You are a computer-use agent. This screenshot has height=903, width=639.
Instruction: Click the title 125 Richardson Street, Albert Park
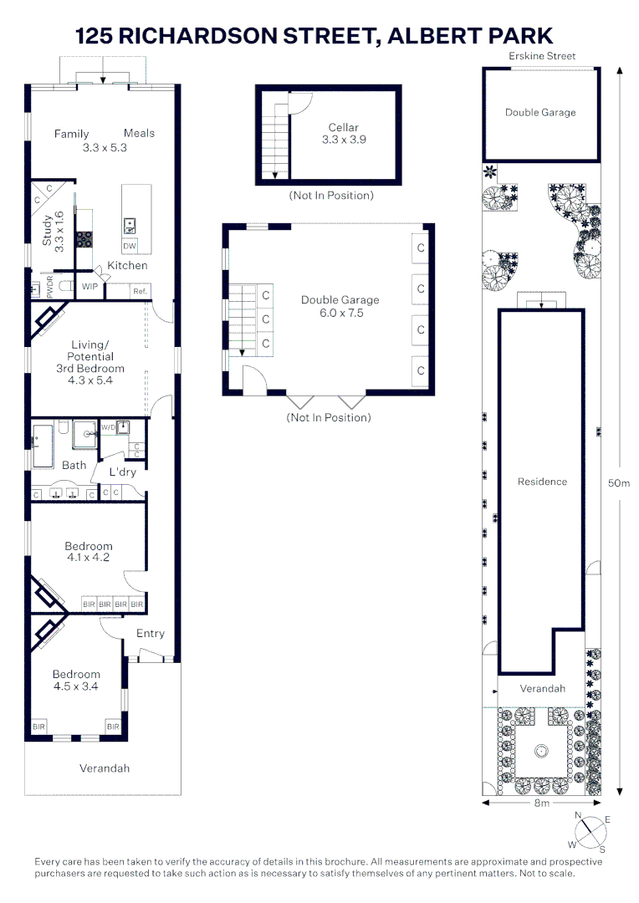pyautogui.click(x=314, y=36)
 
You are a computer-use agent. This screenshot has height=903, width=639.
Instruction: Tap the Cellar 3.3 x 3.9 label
pyautogui.click(x=344, y=134)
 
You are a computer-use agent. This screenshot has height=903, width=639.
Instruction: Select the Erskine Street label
pyautogui.click(x=541, y=56)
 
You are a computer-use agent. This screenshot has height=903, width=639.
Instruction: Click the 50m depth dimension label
pyautogui.click(x=618, y=482)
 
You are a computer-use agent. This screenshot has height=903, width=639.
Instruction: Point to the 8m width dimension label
pyautogui.click(x=542, y=804)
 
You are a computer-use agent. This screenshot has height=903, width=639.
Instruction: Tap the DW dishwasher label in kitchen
pyautogui.click(x=129, y=246)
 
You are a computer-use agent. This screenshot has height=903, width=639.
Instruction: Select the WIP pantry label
pyautogui.click(x=89, y=287)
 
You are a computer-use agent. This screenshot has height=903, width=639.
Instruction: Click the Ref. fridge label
pyautogui.click(x=141, y=290)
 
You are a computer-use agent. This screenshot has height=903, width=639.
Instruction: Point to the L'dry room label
pyautogui.click(x=122, y=472)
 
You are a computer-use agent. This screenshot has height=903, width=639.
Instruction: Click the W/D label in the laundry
pyautogui.click(x=108, y=428)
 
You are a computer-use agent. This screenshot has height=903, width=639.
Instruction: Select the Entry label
pyautogui.click(x=151, y=633)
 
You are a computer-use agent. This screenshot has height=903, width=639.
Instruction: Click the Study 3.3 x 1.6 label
pyautogui.click(x=53, y=232)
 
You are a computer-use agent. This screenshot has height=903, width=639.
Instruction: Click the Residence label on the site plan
pyautogui.click(x=542, y=482)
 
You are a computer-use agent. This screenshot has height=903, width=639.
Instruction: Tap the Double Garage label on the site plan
pyautogui.click(x=540, y=112)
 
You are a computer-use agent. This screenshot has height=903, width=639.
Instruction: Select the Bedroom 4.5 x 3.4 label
pyautogui.click(x=76, y=681)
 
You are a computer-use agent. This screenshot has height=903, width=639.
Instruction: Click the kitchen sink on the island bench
pyautogui.click(x=130, y=223)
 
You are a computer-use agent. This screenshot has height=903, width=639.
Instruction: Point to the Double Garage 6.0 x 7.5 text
pyautogui.click(x=340, y=306)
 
